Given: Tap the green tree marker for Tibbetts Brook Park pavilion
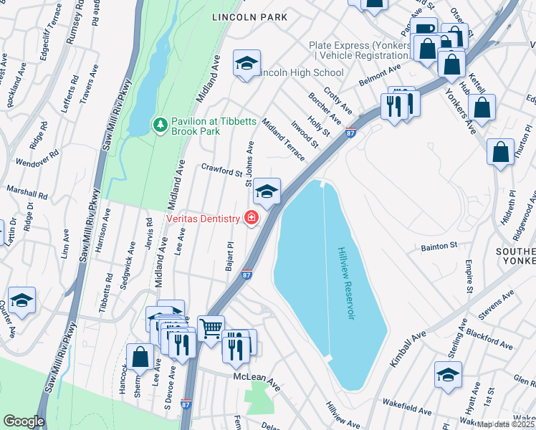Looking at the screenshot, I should [x=160, y=125].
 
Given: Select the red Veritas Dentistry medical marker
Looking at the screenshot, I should [x=252, y=217].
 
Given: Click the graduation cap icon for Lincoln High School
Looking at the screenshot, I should [x=246, y=64].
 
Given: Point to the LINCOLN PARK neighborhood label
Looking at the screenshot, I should [x=249, y=17].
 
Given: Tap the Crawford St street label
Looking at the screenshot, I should [x=222, y=171].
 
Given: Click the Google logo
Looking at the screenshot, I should [x=24, y=421].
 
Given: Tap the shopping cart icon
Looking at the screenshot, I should [x=211, y=328].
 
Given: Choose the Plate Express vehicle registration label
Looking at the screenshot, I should [x=360, y=50].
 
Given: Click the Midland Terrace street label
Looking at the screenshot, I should [x=283, y=139].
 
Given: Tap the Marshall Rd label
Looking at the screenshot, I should [x=27, y=193].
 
